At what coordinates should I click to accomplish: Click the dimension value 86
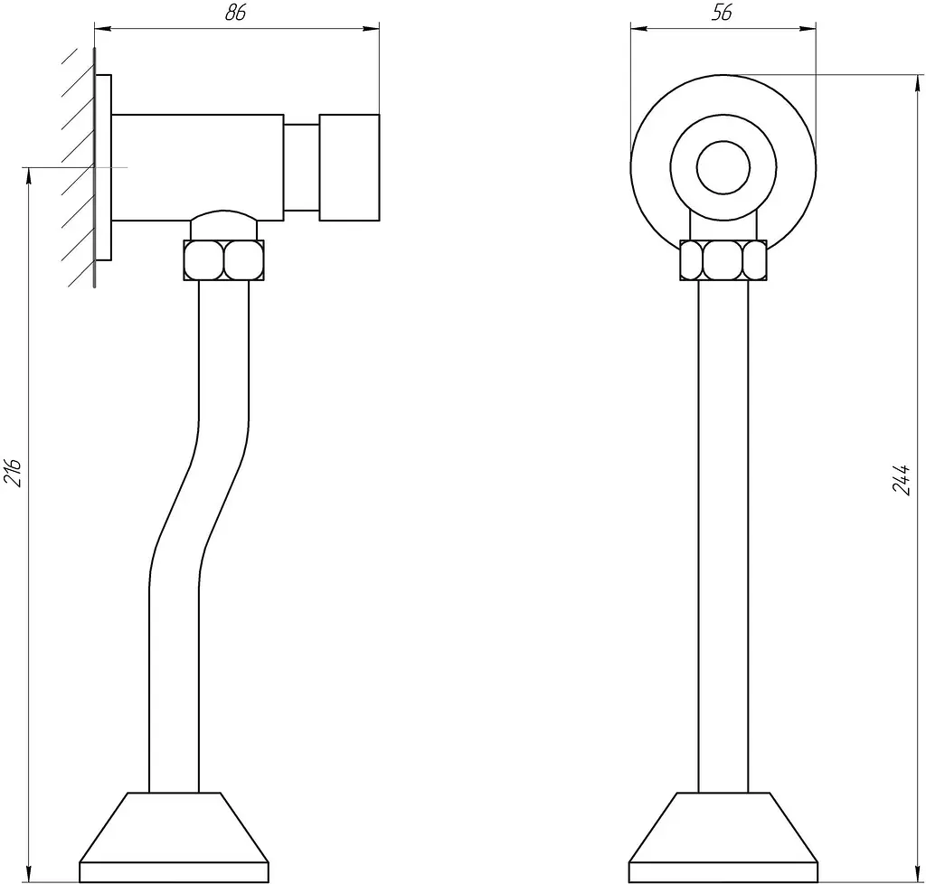[235, 13]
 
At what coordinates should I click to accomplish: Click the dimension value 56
[722, 13]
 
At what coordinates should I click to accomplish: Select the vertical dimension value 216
[13, 472]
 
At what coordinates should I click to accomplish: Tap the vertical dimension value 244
[902, 479]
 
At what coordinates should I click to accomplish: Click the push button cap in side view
[349, 167]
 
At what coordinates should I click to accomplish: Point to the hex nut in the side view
[224, 259]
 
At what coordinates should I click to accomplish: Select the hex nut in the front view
[723, 259]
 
